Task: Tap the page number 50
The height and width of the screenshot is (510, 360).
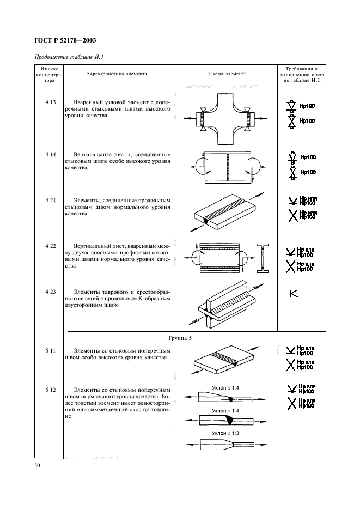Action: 38,466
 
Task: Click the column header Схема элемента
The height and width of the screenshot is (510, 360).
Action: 228,74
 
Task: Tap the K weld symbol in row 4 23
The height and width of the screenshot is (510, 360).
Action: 294,293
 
